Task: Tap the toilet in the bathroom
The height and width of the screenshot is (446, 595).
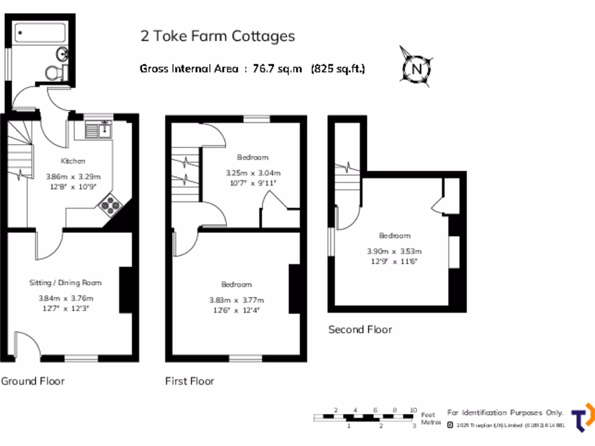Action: tap(53, 73)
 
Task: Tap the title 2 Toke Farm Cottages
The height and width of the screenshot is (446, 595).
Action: tap(217, 36)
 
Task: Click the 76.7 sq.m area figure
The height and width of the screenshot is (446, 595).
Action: tap(278, 69)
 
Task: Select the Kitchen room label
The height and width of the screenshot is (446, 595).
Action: tap(73, 161)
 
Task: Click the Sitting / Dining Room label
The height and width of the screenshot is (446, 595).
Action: tap(66, 283)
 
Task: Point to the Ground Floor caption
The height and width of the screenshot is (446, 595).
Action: tap(33, 381)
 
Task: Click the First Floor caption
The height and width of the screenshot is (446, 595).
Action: tap(189, 381)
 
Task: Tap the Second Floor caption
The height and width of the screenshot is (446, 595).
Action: tap(360, 329)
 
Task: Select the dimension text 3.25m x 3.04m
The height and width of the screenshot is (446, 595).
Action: tap(253, 173)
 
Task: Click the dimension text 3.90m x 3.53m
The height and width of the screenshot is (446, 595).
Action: tap(394, 251)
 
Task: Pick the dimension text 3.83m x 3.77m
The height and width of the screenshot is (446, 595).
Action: tap(236, 300)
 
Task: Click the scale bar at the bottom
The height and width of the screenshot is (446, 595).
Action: tap(365, 417)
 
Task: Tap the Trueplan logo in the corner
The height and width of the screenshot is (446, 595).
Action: tap(582, 418)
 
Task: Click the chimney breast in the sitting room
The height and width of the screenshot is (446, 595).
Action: tap(125, 290)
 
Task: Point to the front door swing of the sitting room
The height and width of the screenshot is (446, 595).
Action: tap(27, 344)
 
